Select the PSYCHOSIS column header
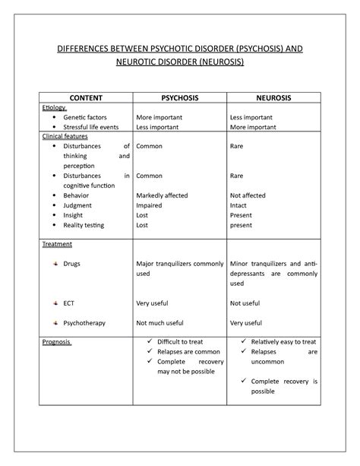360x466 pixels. pos(179,98)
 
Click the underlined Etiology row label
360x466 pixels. pos(55,109)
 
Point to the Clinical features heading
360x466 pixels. pos(65,137)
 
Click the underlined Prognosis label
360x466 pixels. pos(57,342)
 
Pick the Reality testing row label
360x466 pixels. pos(84,225)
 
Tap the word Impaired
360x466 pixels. pos(149,205)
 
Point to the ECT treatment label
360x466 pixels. pos(70,303)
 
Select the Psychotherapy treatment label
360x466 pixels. pos(84,322)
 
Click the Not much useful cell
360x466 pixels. pos(159,322)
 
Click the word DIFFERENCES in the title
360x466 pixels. pos(90,49)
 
